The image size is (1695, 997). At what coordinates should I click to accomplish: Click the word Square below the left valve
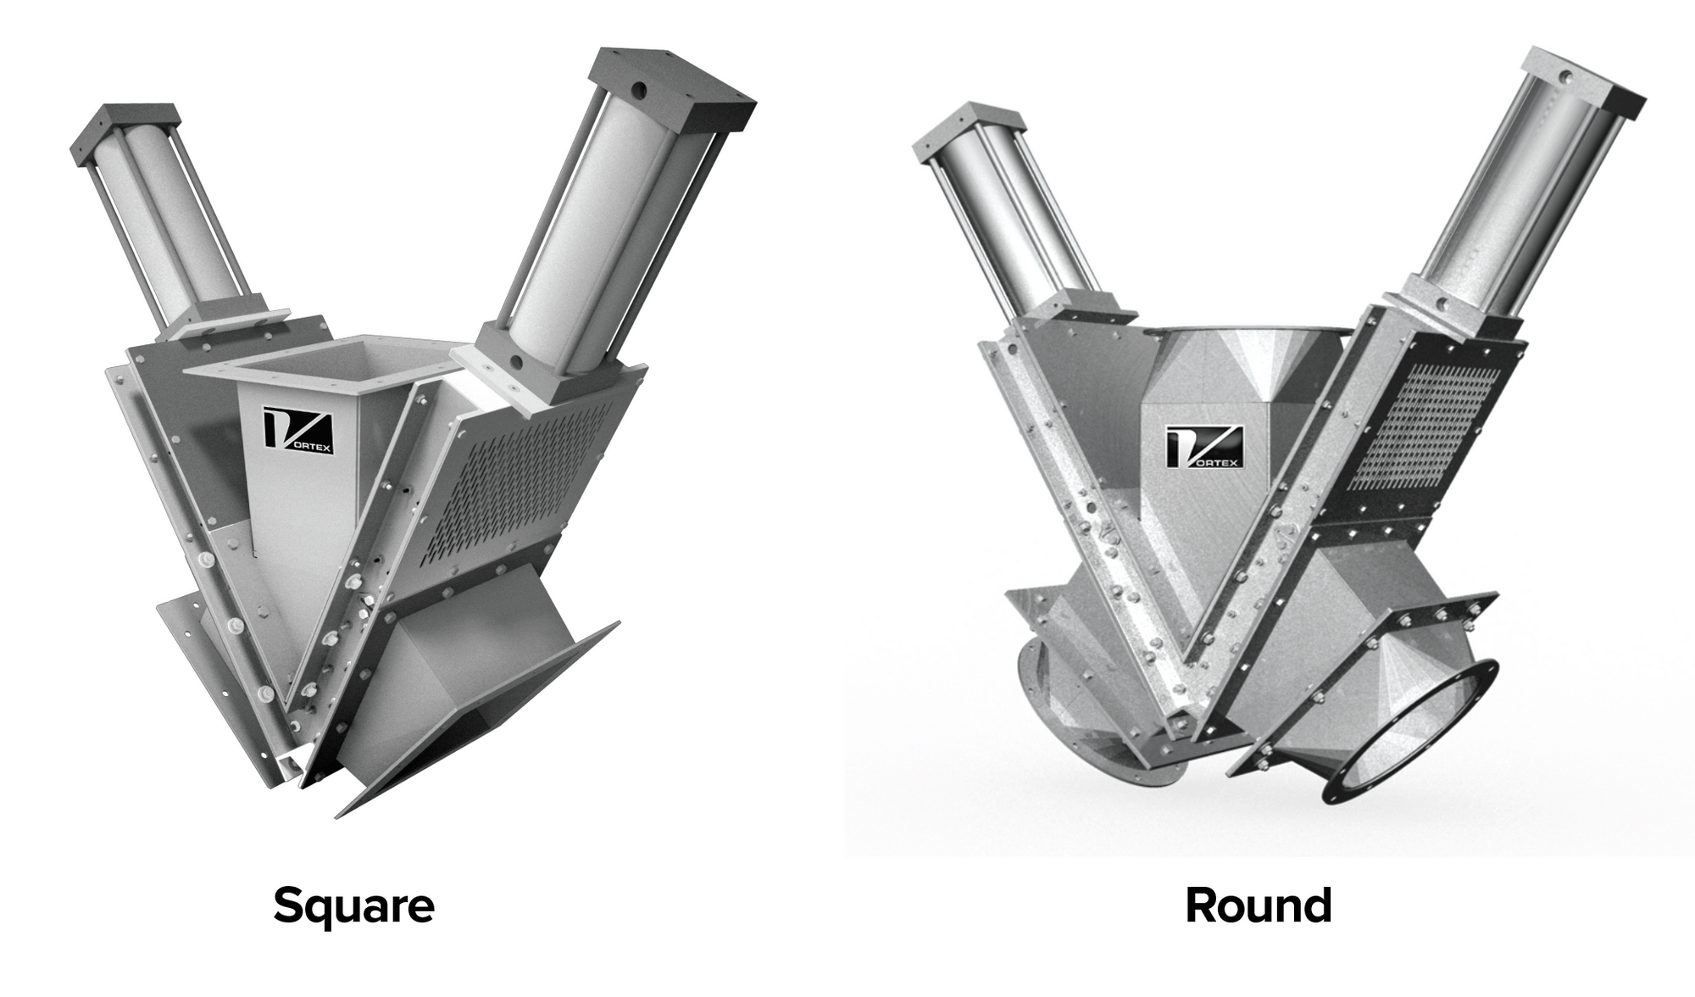(x=353, y=906)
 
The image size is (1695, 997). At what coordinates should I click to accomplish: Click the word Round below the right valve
(x=1258, y=906)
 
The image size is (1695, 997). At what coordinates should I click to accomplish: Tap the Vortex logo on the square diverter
(x=297, y=431)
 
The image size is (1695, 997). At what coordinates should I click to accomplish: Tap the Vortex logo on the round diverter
(x=1203, y=447)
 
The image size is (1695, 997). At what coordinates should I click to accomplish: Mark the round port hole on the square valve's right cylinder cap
(x=638, y=88)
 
